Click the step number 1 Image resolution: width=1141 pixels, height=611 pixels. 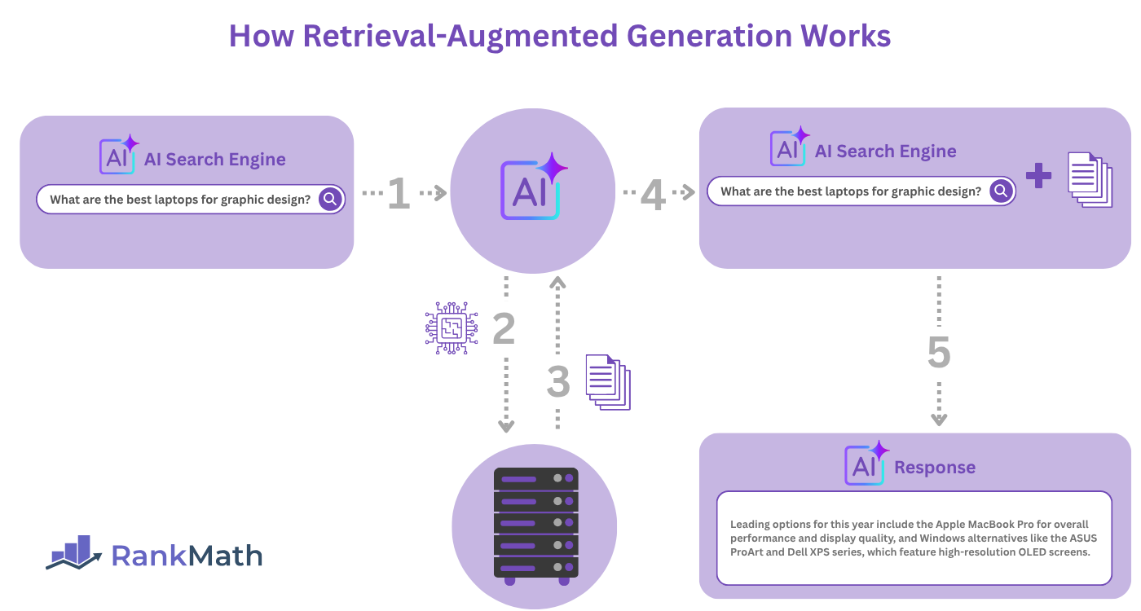(x=399, y=193)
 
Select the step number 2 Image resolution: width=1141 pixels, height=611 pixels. (x=504, y=328)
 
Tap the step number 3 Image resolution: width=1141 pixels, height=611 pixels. (x=558, y=381)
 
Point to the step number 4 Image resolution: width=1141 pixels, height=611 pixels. (x=653, y=194)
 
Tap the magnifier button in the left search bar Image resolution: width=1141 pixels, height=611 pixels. (x=330, y=200)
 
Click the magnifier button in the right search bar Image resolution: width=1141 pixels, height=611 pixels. (x=1002, y=191)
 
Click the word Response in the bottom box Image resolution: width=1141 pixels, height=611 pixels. (x=935, y=468)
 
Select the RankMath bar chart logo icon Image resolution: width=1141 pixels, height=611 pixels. (x=74, y=553)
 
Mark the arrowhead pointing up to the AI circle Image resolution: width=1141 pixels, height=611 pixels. (x=557, y=283)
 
